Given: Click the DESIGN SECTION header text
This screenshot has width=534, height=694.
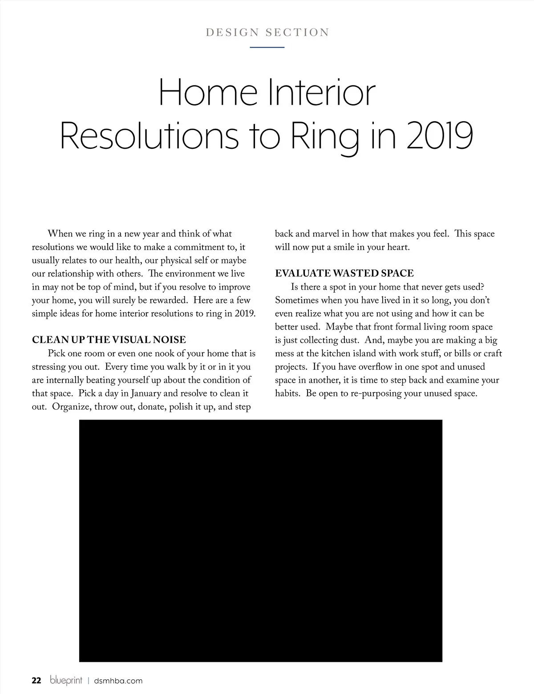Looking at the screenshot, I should [267, 33].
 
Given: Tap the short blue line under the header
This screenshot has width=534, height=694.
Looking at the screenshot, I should [267, 47].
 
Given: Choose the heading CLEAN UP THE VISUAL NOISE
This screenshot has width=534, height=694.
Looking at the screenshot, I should [109, 340].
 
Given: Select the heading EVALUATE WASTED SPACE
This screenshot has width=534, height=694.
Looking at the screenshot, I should [344, 274].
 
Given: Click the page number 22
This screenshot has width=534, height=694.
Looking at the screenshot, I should [36, 681].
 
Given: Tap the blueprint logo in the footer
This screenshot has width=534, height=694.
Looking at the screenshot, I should [66, 681].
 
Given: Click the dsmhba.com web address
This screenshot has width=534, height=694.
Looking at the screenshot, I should [118, 681].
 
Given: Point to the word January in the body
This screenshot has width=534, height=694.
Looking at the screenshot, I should [148, 394].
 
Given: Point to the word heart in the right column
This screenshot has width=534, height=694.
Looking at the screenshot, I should [397, 247].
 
